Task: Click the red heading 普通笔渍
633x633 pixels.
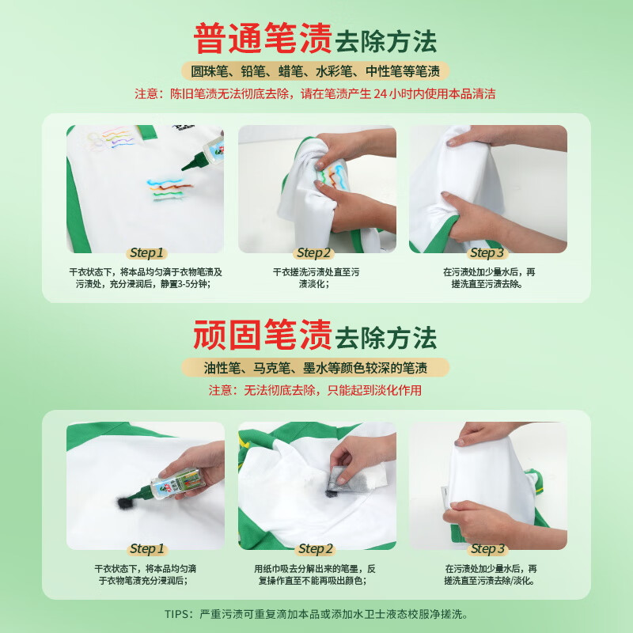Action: pos(262,39)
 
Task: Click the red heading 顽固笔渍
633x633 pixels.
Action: pos(262,335)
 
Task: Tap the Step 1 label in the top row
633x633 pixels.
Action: pos(146,253)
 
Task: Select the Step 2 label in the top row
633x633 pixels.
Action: pos(314,253)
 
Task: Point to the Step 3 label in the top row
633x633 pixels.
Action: pos(487,253)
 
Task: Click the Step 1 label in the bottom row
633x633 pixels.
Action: pos(146,549)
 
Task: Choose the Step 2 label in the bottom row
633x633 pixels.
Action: pos(314,549)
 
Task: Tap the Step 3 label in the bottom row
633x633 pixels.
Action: pos(487,549)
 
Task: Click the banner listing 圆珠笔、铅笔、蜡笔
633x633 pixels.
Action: pos(316,70)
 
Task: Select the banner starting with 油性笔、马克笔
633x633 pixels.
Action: pos(316,367)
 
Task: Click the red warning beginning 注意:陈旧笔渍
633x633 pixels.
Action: pos(316,93)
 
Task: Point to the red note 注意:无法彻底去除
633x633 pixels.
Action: pos(316,390)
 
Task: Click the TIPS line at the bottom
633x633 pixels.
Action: pos(316,613)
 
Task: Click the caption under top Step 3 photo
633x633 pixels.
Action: pos(488,277)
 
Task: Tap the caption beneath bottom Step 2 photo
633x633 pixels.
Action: pos(316,574)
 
